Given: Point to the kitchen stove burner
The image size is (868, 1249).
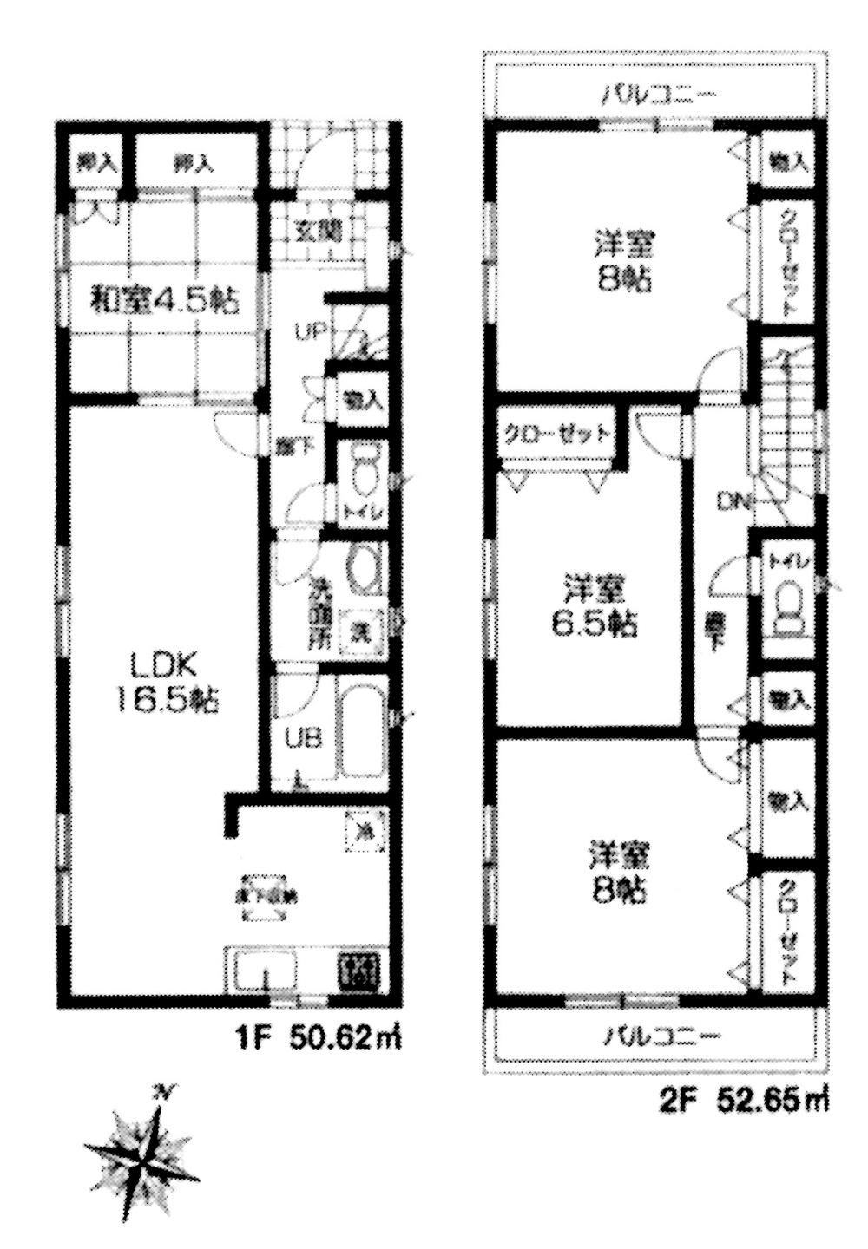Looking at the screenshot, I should tap(360, 970).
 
